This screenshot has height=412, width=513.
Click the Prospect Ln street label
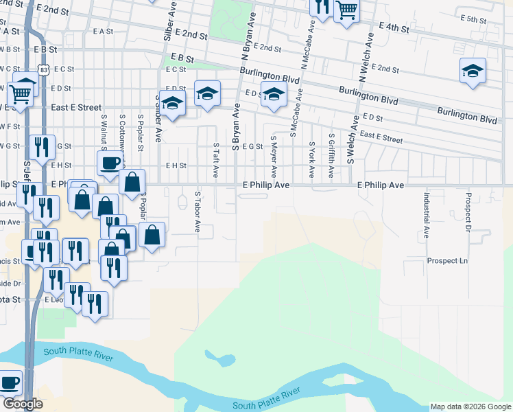point(446,261)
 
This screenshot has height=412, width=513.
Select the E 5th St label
point(473,19)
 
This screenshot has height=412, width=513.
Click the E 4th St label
point(394,28)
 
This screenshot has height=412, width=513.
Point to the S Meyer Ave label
point(273,156)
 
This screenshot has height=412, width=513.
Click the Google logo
point(23,404)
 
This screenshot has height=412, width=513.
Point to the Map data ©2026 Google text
point(470,407)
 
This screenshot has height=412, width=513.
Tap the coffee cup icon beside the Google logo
point(10,382)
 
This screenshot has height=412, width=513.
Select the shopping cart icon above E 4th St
point(347,10)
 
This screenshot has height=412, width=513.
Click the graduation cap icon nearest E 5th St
point(472,71)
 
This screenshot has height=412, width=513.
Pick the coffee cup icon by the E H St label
point(109,163)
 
